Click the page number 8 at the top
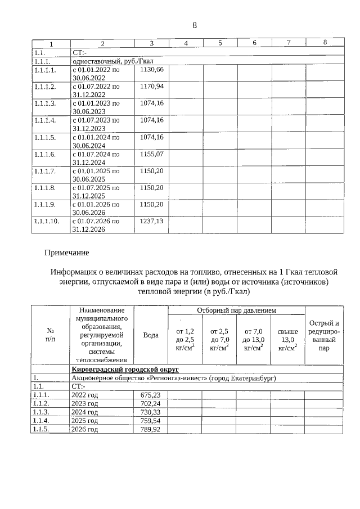click(195, 25)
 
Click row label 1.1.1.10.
click(47, 221)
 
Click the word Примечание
click(67, 253)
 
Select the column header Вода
click(151, 335)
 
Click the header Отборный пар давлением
click(236, 310)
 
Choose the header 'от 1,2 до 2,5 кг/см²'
click(185, 340)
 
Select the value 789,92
click(150, 429)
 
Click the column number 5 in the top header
click(220, 43)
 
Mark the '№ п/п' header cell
click(50, 335)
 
